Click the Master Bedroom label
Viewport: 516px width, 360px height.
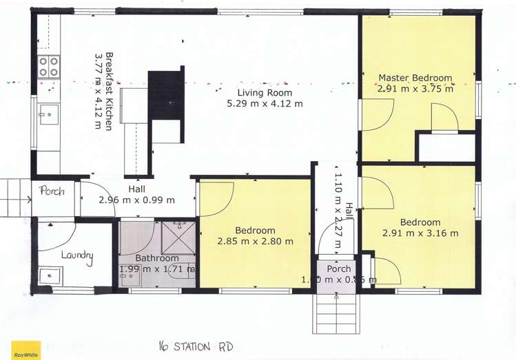415,78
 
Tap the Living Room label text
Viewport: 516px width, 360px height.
265,93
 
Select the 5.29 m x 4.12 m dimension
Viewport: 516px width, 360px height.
265,104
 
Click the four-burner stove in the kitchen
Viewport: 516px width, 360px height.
48,67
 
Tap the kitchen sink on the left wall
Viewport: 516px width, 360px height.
48,114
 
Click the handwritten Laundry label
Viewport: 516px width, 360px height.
76,255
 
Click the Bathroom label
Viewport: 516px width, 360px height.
157,258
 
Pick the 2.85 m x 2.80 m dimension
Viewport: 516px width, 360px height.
255,242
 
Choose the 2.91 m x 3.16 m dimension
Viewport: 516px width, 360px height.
420,233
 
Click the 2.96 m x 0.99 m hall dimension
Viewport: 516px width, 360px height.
136,200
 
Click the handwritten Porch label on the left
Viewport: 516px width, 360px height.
52,191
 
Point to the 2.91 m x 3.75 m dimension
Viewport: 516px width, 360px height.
415,89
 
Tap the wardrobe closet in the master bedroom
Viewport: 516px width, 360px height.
446,147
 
